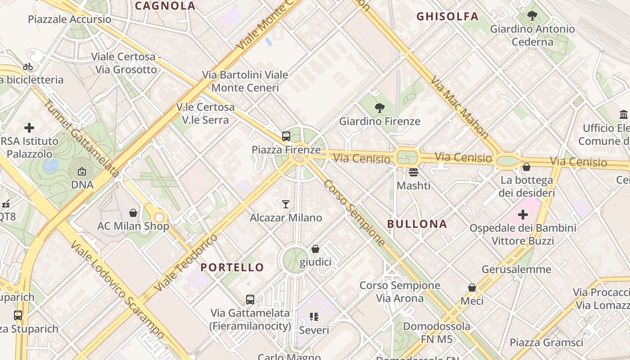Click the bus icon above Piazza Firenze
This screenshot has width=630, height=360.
pyautogui.click(x=286, y=136)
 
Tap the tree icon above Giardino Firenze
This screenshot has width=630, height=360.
pyautogui.click(x=380, y=108)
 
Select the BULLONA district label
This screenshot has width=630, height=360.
pyautogui.click(x=417, y=224)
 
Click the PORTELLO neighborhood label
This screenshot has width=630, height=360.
pyautogui.click(x=232, y=267)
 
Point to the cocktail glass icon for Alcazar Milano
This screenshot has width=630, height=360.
pyautogui.click(x=286, y=204)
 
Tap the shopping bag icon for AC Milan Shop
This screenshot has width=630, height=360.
pyautogui.click(x=133, y=212)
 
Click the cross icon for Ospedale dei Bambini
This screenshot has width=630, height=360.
pyautogui.click(x=523, y=215)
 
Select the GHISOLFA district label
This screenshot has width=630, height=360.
pyautogui.click(x=447, y=17)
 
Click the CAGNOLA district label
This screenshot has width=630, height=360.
pyautogui.click(x=165, y=6)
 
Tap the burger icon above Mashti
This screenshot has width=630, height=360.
pyautogui.click(x=414, y=172)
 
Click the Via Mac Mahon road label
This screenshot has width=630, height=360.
pyautogui.click(x=459, y=107)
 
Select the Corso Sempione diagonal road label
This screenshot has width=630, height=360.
pyautogui.click(x=355, y=213)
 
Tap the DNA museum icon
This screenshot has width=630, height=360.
pyautogui.click(x=82, y=171)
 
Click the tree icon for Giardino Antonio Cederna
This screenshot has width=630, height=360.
pyautogui.click(x=532, y=16)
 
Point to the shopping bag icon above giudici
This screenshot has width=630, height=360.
pyautogui.click(x=315, y=249)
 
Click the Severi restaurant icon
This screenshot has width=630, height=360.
pyautogui.click(x=314, y=317)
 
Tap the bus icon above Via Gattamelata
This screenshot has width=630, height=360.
pyautogui.click(x=250, y=299)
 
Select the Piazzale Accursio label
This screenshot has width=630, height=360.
pyautogui.click(x=70, y=19)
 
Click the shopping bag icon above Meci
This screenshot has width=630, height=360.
pyautogui.click(x=472, y=287)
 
